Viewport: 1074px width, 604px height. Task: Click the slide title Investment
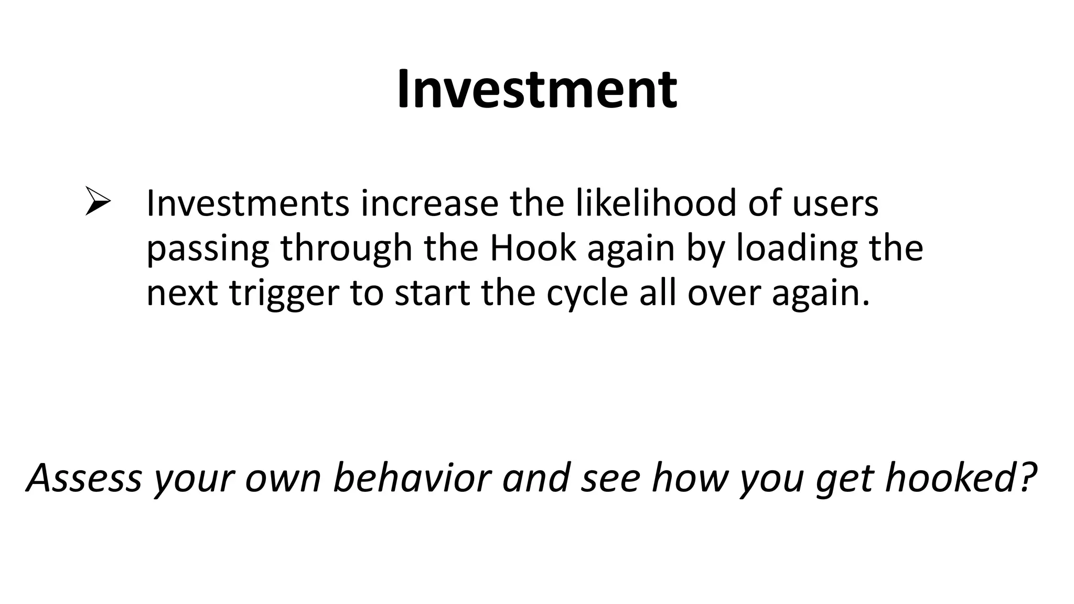[536, 90]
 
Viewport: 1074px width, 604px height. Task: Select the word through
[346, 249]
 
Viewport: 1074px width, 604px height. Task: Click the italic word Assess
[84, 478]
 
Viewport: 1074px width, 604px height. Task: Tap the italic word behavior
[412, 478]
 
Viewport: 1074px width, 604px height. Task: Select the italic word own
[282, 478]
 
